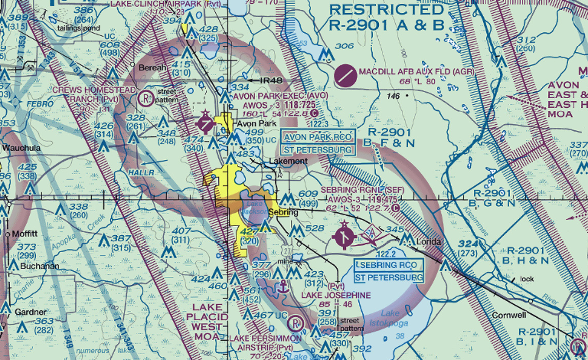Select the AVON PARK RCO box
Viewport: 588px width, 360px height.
(318, 136)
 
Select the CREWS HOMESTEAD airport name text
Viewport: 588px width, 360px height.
(93, 90)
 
